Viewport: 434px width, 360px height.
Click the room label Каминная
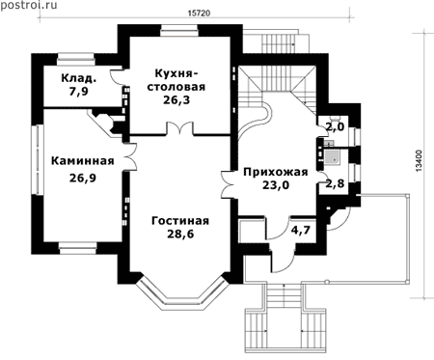point(83,160)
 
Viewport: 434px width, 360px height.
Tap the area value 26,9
point(83,178)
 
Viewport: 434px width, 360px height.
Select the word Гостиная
point(180,221)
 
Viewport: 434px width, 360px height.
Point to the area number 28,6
point(180,235)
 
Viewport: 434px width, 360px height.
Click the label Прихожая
point(276,172)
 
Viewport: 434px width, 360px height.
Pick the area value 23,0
point(276,185)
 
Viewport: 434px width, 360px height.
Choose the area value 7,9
point(78,92)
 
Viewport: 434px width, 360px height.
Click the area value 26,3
point(176,100)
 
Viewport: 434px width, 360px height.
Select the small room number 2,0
point(335,126)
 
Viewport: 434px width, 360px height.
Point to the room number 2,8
point(335,183)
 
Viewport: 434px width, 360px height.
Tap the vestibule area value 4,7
point(301,230)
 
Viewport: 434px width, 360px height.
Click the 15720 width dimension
point(199,14)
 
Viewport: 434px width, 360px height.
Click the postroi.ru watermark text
point(29,6)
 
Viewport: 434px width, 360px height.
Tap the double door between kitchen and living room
point(179,127)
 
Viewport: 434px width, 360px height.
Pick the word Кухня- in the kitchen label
point(176,73)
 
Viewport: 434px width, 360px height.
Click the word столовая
point(176,87)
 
